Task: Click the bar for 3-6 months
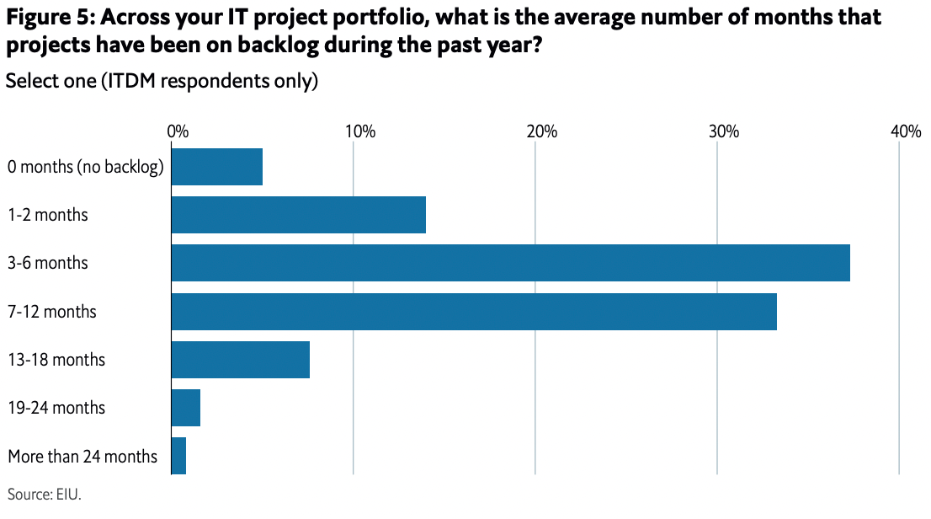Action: [510, 263]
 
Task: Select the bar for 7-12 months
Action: [474, 312]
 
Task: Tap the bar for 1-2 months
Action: [299, 215]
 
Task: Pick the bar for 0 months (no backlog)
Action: [217, 167]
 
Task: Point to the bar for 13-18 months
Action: [241, 360]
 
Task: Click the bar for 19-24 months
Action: [186, 409]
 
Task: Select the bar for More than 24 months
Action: [178, 457]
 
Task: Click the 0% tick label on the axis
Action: [177, 132]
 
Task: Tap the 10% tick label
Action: [359, 132]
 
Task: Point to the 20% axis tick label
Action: [541, 132]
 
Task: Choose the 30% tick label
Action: [723, 132]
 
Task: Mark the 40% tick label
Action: [906, 132]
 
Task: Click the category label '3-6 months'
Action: [48, 263]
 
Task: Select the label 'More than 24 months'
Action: [82, 457]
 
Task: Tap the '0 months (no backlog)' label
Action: [85, 167]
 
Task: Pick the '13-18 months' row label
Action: [56, 360]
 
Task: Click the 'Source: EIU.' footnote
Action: [44, 494]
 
